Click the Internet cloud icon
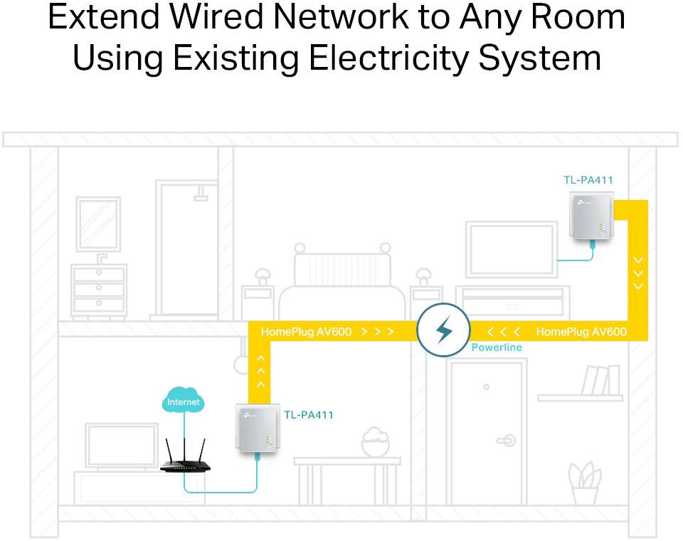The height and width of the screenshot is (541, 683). (184, 401)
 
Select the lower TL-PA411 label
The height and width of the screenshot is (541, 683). (308, 415)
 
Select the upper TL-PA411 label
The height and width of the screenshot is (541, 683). (588, 180)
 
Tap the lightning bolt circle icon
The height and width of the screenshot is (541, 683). (443, 330)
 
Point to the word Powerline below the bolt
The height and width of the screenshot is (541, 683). (497, 347)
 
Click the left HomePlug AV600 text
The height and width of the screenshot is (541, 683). (306, 332)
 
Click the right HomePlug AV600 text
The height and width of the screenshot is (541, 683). (581, 332)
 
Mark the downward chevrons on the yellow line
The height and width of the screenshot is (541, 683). (638, 273)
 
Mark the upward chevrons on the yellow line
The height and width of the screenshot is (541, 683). (260, 371)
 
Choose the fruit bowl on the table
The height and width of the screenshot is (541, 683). (375, 443)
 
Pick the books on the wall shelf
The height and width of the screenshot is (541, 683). (600, 380)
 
